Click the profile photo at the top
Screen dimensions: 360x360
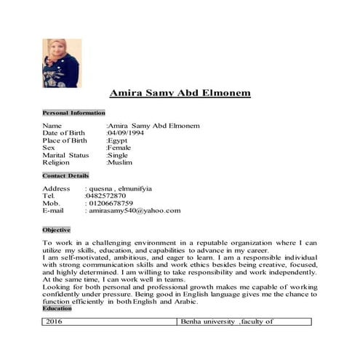(x=61, y=63)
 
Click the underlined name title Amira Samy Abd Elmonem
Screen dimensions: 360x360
(x=180, y=94)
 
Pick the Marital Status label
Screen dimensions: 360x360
(x=65, y=155)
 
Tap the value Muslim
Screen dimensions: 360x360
(x=120, y=162)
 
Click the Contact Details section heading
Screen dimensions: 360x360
(x=65, y=176)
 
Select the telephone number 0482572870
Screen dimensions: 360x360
(x=105, y=196)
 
